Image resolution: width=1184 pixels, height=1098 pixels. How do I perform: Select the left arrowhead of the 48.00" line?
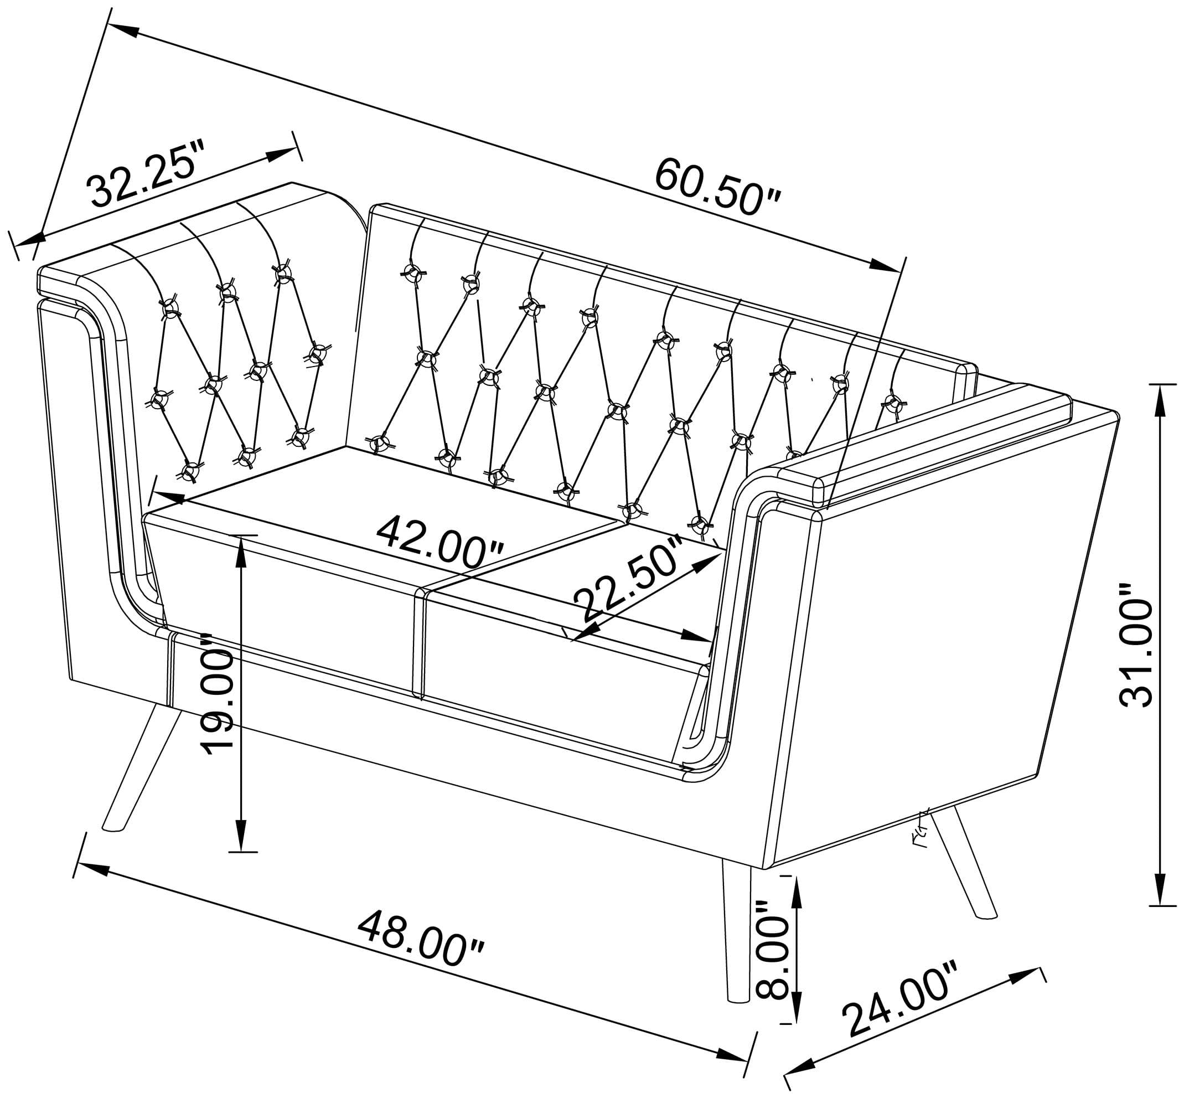coord(92,869)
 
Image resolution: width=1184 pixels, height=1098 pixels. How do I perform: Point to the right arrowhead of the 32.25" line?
coord(282,154)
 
